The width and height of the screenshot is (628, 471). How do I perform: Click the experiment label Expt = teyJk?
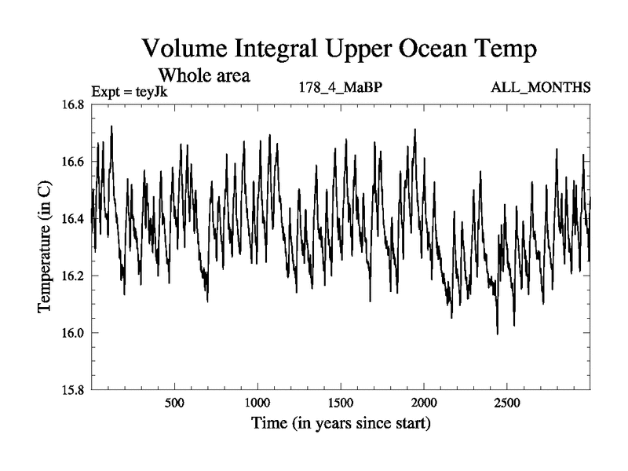click(x=130, y=91)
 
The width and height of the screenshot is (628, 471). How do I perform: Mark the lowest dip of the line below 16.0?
click(x=497, y=334)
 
